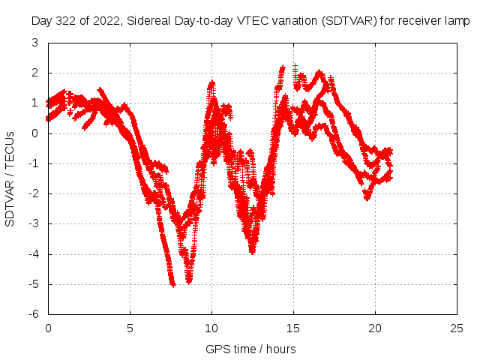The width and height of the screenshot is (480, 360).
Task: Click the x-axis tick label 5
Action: click(x=130, y=328)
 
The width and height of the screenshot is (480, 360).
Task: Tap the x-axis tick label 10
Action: click(x=211, y=328)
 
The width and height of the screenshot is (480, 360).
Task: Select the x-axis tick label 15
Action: click(x=293, y=328)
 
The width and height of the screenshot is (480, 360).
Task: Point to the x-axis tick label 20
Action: click(x=375, y=328)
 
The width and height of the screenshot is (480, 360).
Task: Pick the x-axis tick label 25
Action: click(x=457, y=328)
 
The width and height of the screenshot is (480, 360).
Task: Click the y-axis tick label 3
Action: click(x=35, y=43)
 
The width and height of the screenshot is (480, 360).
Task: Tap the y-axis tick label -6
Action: click(x=34, y=314)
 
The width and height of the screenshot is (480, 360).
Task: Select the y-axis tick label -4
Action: click(x=34, y=254)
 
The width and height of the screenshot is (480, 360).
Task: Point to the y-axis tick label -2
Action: click(x=34, y=193)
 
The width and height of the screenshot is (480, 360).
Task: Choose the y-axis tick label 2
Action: click(x=35, y=73)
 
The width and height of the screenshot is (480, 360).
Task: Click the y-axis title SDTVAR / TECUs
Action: click(x=10, y=179)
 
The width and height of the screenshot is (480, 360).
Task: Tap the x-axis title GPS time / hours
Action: click(x=250, y=349)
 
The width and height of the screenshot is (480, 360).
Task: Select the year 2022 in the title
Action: click(x=108, y=22)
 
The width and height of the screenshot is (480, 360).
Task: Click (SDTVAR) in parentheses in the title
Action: click(x=349, y=21)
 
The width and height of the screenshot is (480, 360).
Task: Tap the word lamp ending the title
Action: click(x=457, y=22)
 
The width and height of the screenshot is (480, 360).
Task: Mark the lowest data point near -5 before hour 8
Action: click(x=173, y=285)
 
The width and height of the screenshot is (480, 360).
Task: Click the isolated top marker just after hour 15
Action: click(x=295, y=66)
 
